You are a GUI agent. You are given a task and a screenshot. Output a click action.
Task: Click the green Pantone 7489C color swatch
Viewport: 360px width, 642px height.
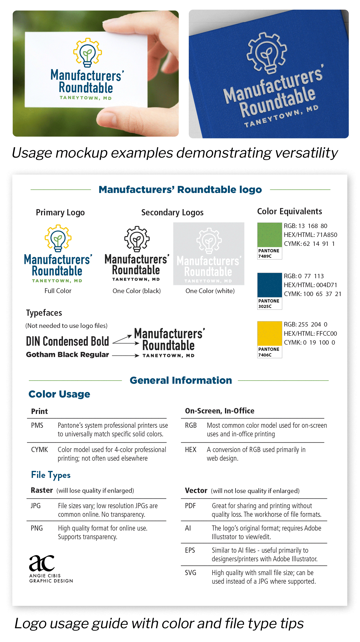coord(270,235)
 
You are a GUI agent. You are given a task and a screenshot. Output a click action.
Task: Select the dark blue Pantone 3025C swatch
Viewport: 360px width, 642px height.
coord(270,285)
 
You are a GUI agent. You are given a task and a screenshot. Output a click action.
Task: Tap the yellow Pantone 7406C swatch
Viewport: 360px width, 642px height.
coord(270,333)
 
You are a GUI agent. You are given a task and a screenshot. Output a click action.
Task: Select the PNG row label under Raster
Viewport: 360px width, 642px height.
coord(37,528)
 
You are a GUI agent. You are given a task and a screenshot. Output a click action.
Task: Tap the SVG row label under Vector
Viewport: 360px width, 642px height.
coord(190,573)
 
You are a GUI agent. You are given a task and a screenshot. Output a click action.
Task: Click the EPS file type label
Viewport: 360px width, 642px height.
coord(190,550)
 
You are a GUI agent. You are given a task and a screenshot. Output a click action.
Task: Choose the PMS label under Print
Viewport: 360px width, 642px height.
coord(37,426)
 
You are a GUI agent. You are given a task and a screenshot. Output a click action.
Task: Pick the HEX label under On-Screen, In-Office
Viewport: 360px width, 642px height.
coord(191,450)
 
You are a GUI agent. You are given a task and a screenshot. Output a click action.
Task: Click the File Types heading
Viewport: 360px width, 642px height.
coord(51,475)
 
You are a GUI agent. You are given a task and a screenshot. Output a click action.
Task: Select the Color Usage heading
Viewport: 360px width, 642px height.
coord(59,394)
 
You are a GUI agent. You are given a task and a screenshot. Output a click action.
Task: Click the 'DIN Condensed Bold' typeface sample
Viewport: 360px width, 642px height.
coord(68,341)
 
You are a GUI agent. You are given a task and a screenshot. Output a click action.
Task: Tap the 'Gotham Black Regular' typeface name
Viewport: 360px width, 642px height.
coord(68,355)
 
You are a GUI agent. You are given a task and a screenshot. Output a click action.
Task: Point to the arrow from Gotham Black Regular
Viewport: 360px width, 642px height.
coord(126,356)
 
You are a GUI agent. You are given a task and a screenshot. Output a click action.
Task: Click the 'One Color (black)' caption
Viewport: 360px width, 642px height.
coord(137,291)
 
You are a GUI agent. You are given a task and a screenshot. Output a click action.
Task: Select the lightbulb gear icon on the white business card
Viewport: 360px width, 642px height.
coord(88,53)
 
